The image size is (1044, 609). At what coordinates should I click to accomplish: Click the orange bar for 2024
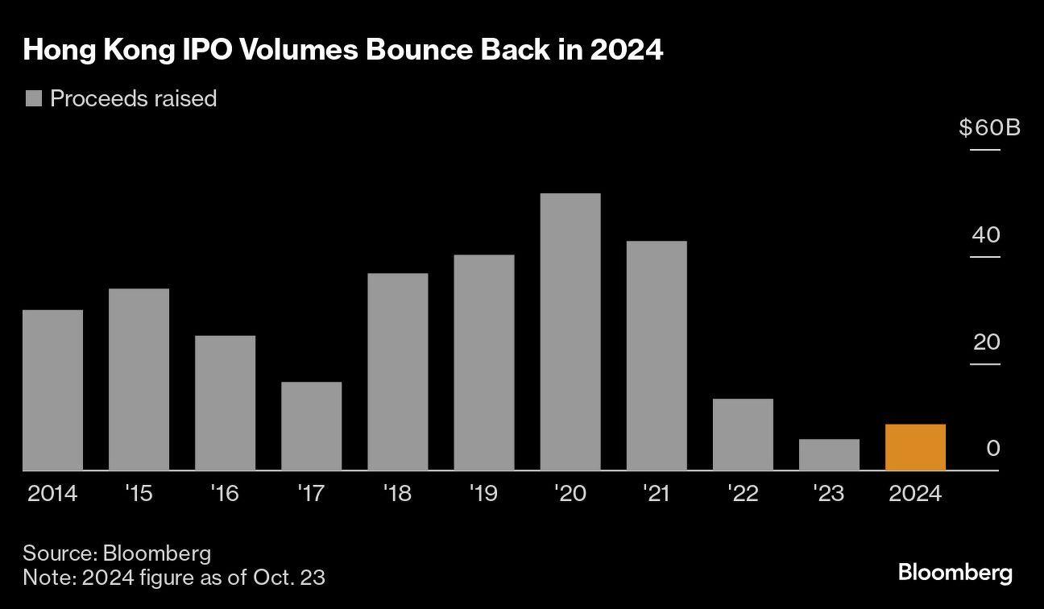point(915,447)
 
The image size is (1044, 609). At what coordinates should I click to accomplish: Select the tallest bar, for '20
point(570,332)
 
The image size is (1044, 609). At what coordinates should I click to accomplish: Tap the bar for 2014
point(52,390)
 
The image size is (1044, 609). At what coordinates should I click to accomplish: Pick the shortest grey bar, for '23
point(829,454)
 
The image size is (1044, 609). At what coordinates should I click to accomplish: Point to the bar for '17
point(311,426)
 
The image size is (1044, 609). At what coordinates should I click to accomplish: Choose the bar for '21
point(657,355)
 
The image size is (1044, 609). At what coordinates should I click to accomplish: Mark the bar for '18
point(397,371)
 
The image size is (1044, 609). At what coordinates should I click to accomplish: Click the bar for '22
point(743,434)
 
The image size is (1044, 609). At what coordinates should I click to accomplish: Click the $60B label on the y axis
point(989,127)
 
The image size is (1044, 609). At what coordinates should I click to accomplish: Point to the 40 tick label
point(986,235)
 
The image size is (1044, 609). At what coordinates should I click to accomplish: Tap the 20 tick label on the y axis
point(986,342)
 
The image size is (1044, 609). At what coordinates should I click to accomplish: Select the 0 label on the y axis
point(992,448)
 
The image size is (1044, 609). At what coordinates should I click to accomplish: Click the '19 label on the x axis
point(483,493)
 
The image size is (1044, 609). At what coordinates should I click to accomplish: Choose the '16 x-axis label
point(225,493)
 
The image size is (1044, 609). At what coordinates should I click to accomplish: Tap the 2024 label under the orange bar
point(915,493)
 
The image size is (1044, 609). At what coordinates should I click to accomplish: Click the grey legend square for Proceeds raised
point(34,98)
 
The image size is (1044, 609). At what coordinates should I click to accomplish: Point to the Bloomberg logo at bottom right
point(955,573)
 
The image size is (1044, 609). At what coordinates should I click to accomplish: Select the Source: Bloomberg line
point(117,553)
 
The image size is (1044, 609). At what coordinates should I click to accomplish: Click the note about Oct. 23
point(174,577)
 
